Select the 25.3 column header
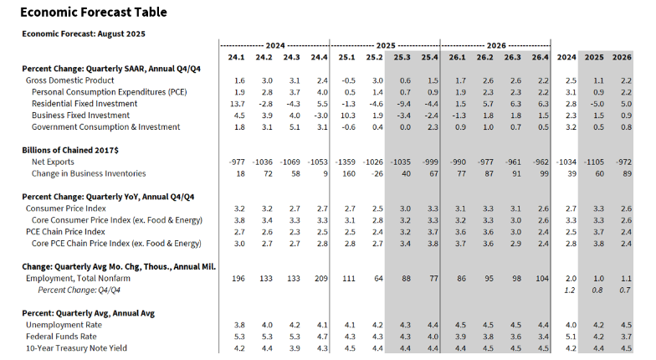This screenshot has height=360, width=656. coord(403,58)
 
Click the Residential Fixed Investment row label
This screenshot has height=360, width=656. coord(86,103)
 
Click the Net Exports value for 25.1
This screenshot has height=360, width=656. coord(345,162)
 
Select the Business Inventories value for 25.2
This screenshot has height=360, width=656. coord(376,173)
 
